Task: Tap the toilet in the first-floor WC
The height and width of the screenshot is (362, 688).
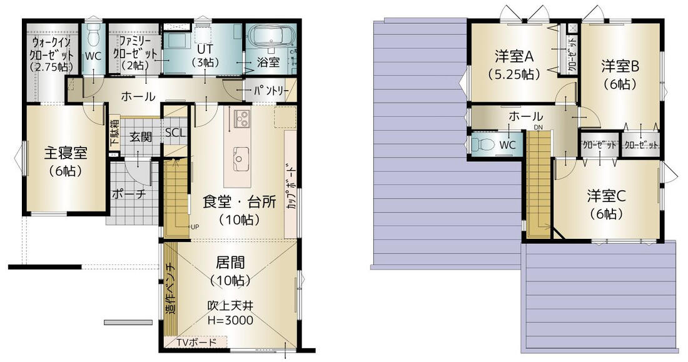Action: point(93,35)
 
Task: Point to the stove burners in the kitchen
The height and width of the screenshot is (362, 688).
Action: point(243,118)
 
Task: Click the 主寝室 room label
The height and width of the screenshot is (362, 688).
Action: point(66,153)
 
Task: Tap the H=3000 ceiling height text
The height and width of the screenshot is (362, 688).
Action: point(230,320)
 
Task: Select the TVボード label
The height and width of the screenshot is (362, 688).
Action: point(196,342)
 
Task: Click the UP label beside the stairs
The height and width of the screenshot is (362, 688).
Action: point(195,227)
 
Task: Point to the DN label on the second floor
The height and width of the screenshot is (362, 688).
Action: point(539,128)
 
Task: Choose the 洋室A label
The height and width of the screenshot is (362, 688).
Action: point(513,57)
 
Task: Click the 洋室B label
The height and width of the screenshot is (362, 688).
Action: point(620,67)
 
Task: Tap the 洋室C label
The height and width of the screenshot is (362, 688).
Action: point(607,196)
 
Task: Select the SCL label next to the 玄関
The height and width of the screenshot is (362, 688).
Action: point(176,133)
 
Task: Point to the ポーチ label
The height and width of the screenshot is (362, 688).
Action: point(129,194)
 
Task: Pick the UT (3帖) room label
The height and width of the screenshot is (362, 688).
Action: point(205,55)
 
